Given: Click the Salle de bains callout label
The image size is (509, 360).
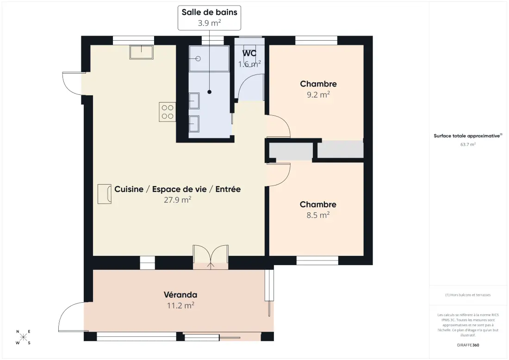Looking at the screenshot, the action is [x=209, y=12].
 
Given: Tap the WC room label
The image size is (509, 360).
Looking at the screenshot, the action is [x=249, y=53].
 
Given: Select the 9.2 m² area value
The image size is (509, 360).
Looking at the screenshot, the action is [x=318, y=94].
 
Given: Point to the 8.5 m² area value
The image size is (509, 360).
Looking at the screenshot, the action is [x=318, y=215].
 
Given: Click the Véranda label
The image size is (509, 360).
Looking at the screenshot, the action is [x=180, y=295].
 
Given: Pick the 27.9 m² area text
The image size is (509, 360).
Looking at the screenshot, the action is [x=177, y=199].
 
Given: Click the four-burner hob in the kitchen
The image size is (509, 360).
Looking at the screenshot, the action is [x=168, y=112].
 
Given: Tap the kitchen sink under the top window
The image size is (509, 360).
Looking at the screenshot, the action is [x=142, y=52].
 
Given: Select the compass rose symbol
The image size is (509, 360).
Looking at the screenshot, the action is [x=24, y=337].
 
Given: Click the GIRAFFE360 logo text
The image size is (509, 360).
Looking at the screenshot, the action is [x=468, y=345].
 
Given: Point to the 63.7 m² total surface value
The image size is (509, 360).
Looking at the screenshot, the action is [x=468, y=144].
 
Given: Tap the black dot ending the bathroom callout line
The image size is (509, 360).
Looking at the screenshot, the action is [x=209, y=92].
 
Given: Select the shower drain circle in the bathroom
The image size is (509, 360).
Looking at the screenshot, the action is [x=198, y=59].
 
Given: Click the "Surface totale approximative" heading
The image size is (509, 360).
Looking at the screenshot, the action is [x=468, y=136].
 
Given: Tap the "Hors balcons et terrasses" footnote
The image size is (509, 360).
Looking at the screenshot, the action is [x=468, y=295].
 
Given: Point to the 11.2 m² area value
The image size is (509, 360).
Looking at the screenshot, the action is [x=180, y=305].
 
